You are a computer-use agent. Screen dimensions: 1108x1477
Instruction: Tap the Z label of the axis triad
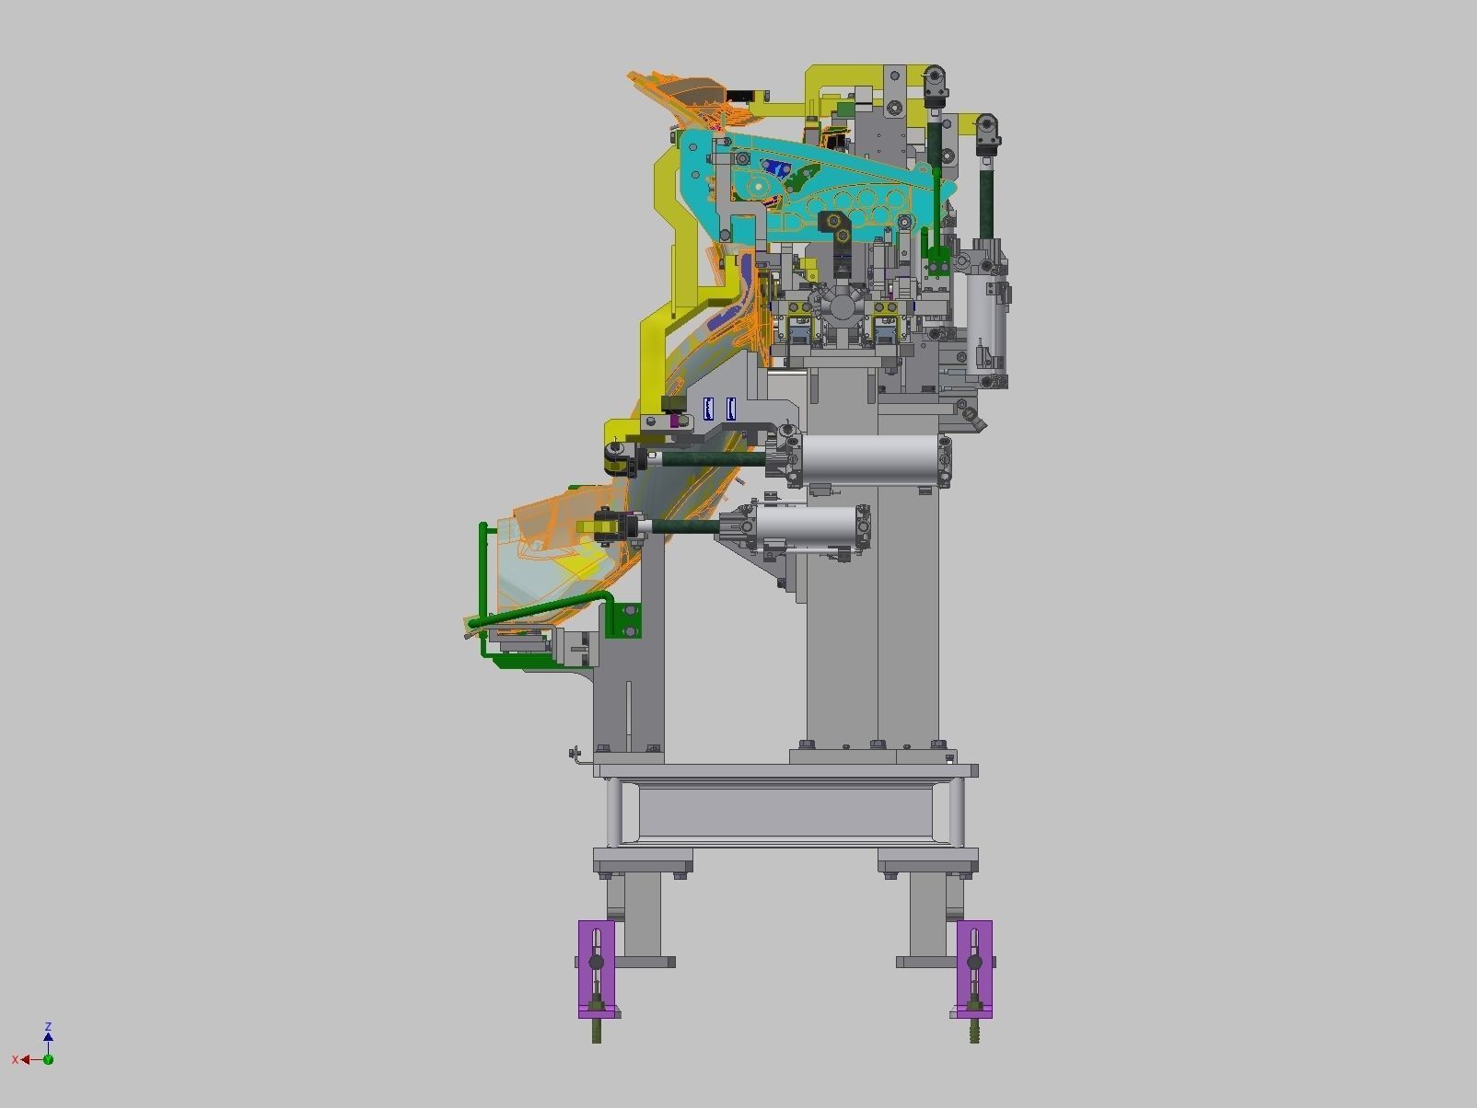coord(48,1026)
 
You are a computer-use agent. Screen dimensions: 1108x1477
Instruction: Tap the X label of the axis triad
coord(15,1060)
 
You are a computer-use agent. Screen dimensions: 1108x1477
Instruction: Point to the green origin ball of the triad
coord(48,1059)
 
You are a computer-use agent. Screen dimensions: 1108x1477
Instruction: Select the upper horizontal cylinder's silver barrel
coord(870,459)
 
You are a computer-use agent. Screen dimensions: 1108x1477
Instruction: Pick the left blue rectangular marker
coord(708,409)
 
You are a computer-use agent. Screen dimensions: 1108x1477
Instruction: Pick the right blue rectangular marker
coord(731,409)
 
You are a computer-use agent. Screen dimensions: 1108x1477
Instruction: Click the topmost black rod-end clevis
coord(934,85)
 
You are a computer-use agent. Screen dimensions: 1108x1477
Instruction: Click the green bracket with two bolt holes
coord(628,621)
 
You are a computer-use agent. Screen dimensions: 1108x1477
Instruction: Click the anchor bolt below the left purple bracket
coord(597,1032)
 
